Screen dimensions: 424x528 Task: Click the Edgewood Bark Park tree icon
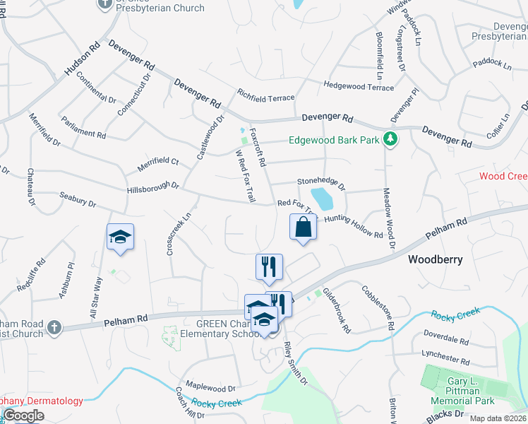pyautogui.click(x=389, y=139)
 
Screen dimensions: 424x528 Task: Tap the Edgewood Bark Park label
pyautogui.click(x=335, y=140)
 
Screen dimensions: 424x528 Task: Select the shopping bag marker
pyautogui.click(x=303, y=228)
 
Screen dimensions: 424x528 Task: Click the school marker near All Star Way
pyautogui.click(x=121, y=237)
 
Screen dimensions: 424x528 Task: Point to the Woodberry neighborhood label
pyautogui.click(x=436, y=259)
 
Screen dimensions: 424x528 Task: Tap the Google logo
pyautogui.click(x=23, y=416)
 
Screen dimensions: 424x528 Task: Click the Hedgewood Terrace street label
pyautogui.click(x=359, y=86)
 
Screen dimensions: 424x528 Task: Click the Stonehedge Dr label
pyautogui.click(x=320, y=184)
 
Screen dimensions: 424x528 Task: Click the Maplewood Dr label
pyautogui.click(x=210, y=388)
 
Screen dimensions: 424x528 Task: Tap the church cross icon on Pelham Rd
pyautogui.click(x=55, y=327)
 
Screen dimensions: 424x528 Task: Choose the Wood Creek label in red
pyautogui.click(x=503, y=176)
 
